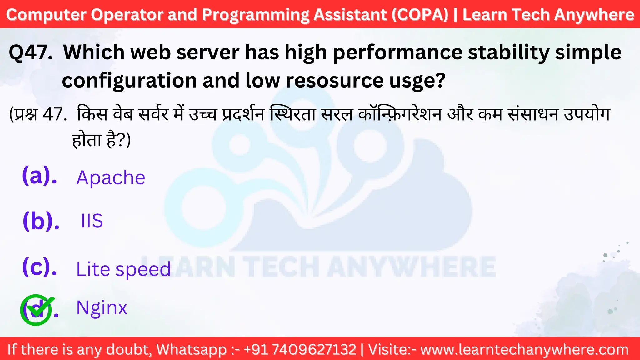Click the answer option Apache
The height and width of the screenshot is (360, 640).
click(x=111, y=178)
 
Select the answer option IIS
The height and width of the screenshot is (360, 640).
click(x=92, y=221)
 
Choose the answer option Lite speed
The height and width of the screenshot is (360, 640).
click(x=123, y=269)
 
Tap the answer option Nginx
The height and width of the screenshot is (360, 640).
click(x=102, y=308)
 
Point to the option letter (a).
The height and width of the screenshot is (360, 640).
click(x=39, y=176)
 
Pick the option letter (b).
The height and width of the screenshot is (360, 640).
click(x=41, y=221)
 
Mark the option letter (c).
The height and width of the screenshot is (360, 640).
click(x=39, y=267)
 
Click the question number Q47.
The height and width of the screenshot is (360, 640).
click(x=31, y=52)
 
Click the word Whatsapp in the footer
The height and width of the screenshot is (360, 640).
click(x=191, y=350)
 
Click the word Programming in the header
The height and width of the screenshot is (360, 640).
click(x=255, y=15)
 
